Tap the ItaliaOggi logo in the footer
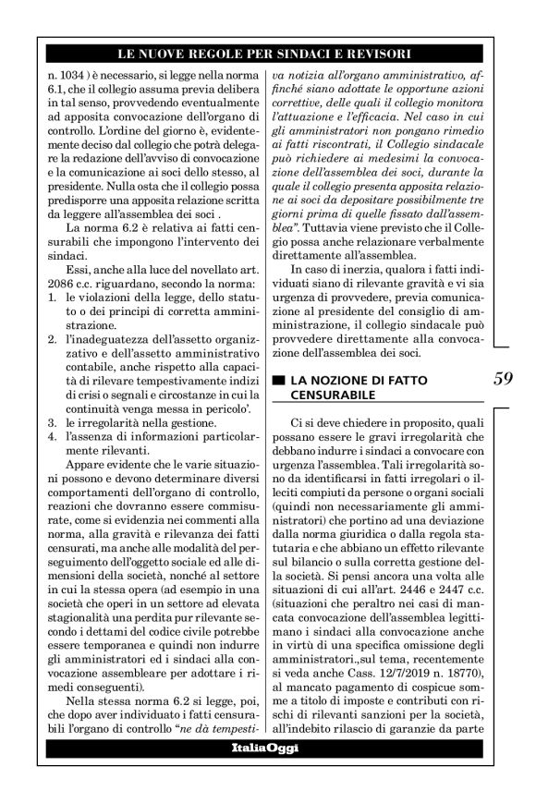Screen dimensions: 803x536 [x=267, y=773]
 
